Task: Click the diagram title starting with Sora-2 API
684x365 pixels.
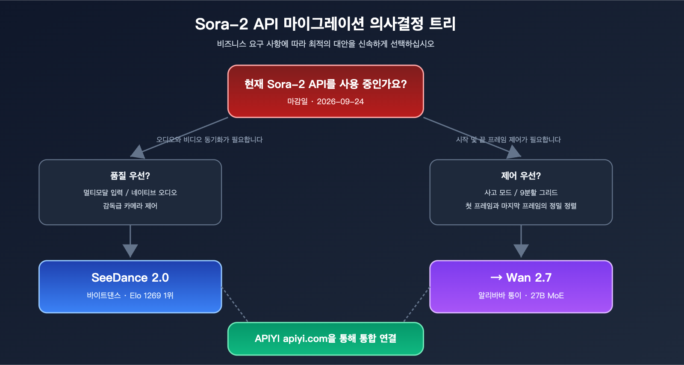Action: point(325,24)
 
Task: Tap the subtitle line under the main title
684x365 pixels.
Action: point(325,44)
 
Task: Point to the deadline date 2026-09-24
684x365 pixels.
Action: point(340,102)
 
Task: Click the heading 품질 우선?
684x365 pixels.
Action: point(130,176)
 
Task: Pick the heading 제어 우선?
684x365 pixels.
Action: point(521,176)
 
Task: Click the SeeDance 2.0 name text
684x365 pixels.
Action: point(130,278)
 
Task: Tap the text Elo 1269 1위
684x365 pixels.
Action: point(151,296)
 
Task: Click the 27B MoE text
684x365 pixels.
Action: point(547,296)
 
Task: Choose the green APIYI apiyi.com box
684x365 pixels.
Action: point(325,339)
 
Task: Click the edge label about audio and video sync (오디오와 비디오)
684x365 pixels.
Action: point(209,140)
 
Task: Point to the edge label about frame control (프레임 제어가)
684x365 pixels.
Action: point(508,140)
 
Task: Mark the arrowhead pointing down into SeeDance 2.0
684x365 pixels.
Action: point(130,250)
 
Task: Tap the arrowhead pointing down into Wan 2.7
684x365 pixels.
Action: point(521,250)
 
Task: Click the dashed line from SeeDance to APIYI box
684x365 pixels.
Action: point(235,304)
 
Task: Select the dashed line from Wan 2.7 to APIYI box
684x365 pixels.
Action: point(417,304)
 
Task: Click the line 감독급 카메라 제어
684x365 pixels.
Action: point(130,206)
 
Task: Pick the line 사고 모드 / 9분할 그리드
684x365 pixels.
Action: point(521,193)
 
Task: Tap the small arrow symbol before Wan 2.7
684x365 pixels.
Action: point(496,278)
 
